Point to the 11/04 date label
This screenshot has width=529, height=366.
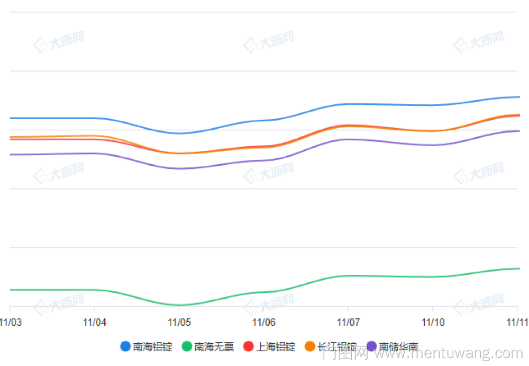click(95, 322)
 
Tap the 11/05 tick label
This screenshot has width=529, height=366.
click(179, 322)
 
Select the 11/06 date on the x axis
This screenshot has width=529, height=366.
click(264, 322)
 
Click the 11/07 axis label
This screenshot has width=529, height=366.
click(348, 322)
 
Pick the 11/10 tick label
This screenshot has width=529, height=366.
click(433, 322)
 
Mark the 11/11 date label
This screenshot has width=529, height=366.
click(517, 322)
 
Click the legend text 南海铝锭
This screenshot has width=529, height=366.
click(153, 347)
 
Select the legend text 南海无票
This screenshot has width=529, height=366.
click(214, 347)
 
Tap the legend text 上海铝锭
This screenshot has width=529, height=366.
click(276, 347)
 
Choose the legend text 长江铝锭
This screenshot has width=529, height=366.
click(337, 347)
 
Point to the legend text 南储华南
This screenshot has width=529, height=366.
click(398, 347)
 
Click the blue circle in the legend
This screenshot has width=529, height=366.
click(125, 347)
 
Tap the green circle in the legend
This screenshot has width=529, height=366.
click(187, 347)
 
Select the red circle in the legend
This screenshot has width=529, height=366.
click(248, 347)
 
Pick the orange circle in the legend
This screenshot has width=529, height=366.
click(309, 347)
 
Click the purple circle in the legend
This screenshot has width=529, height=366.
click(371, 347)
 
